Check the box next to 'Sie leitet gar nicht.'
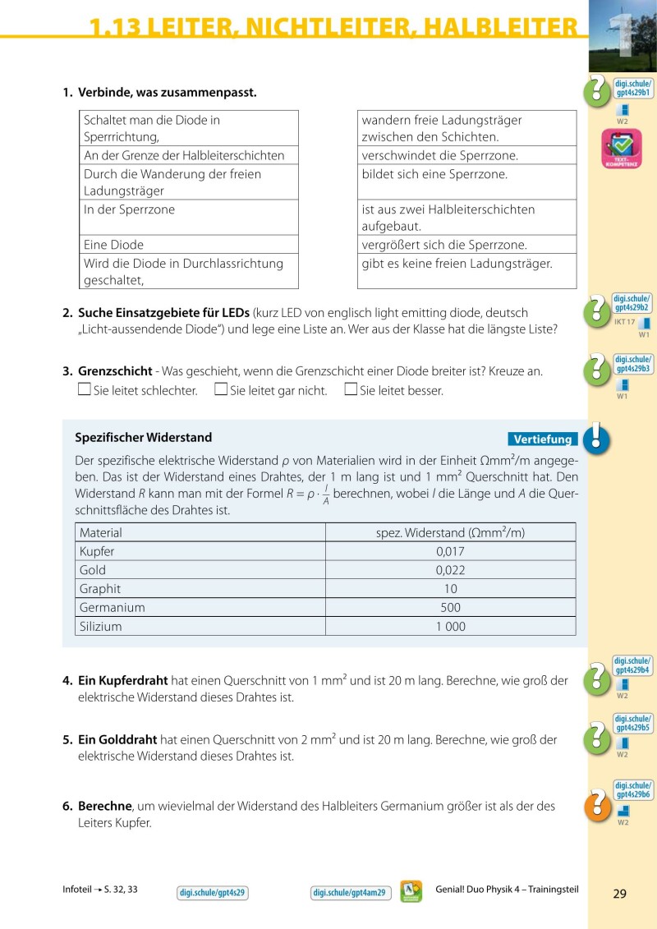point(220,389)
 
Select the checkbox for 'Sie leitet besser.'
point(351,389)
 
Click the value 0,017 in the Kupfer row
point(450,551)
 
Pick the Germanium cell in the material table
point(112,608)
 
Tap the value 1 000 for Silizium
point(450,627)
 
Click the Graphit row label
point(100,589)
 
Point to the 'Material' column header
point(101,532)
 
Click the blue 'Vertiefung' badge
point(542,439)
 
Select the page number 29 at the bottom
point(619,894)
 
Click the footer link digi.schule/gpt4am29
point(349,893)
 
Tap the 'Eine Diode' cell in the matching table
point(114,245)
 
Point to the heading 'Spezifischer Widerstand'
point(143,438)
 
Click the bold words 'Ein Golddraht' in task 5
point(117,740)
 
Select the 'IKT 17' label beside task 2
point(624,321)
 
